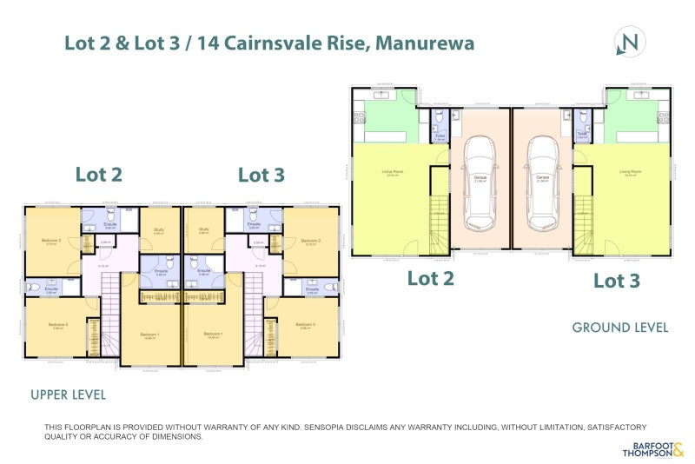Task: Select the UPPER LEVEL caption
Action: coord(68,394)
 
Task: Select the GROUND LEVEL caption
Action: coord(619,328)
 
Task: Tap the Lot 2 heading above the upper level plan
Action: coord(99,174)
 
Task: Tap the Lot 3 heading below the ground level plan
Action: coord(617,280)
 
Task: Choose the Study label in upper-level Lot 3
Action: coord(205,229)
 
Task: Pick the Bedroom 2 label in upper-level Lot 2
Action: coord(51,241)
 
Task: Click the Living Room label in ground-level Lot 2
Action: coord(394,171)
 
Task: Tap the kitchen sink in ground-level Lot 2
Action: coord(383,91)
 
